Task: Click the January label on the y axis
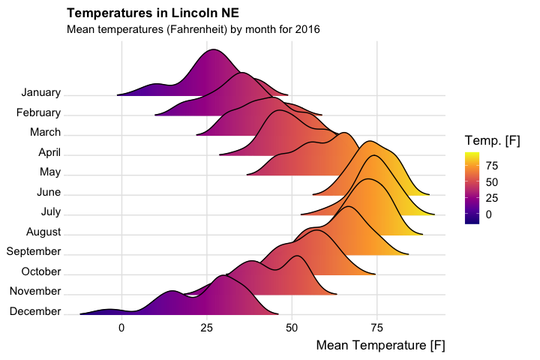tap(41, 93)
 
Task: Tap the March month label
tap(45, 133)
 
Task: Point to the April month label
tap(49, 153)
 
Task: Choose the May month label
tap(50, 172)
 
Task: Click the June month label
tap(48, 193)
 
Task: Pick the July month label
tap(51, 212)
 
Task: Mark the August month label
tap(43, 232)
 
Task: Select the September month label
tap(34, 251)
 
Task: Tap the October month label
tap(41, 271)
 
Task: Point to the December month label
tap(36, 311)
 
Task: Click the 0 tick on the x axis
tap(121, 327)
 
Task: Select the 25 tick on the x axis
tap(207, 327)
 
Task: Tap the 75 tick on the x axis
tap(377, 327)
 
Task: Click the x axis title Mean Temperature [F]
tap(380, 346)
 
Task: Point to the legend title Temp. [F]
tap(493, 140)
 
